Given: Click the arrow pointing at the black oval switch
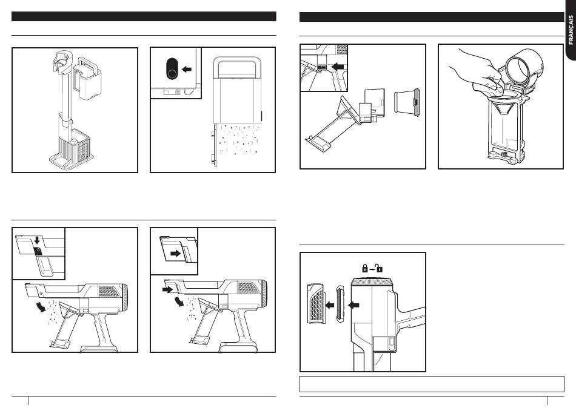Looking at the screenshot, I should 187,70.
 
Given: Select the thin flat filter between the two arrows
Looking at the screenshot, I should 339,304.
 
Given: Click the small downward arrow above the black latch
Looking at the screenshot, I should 37,247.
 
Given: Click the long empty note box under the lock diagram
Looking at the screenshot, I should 432,384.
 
